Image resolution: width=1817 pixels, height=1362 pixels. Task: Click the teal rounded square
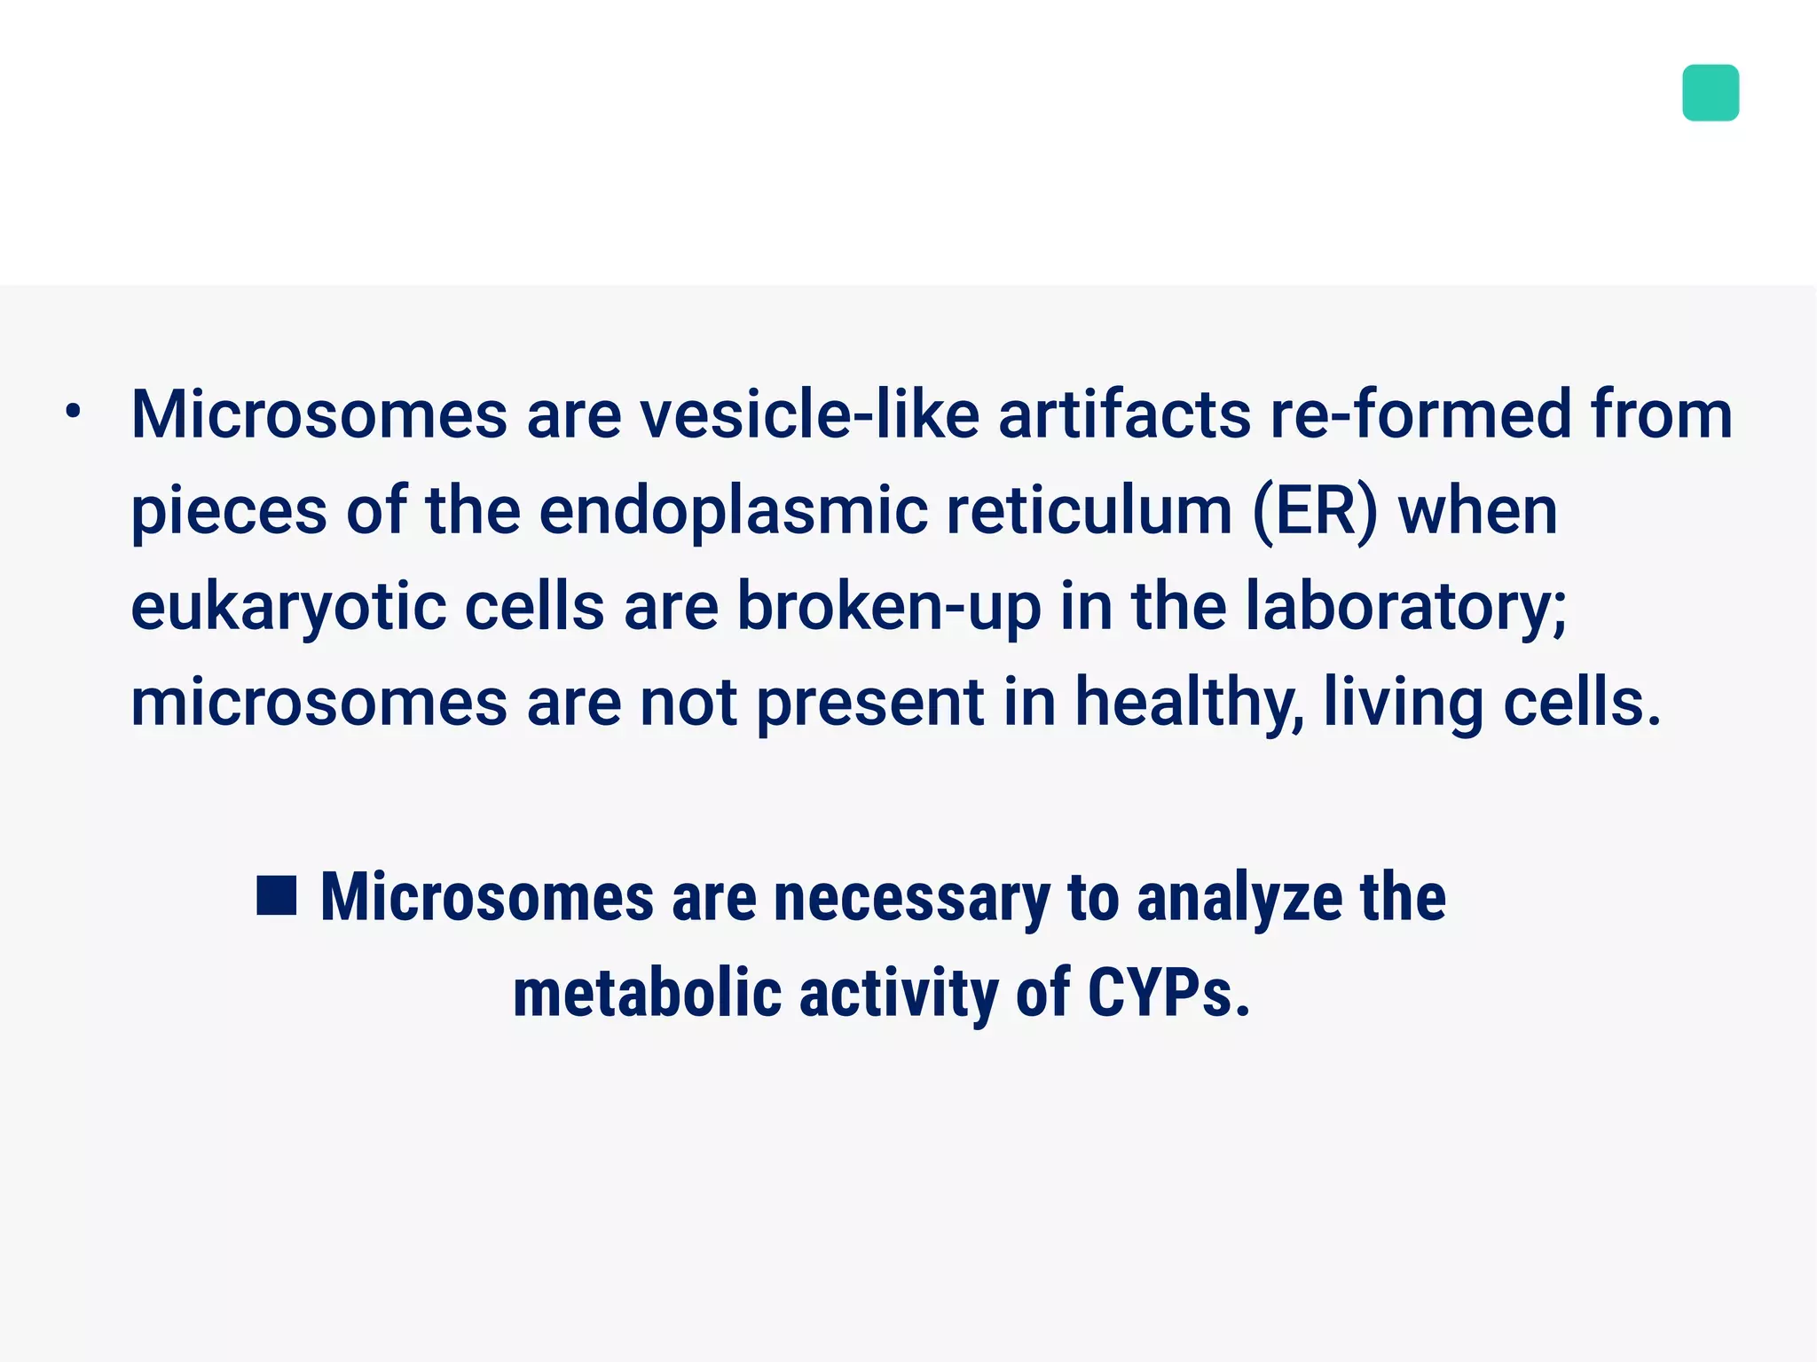pyautogui.click(x=1710, y=92)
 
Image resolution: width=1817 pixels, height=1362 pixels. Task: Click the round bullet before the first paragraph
pyautogui.click(x=74, y=412)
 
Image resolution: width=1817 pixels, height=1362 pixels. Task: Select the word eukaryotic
pyautogui.click(x=288, y=608)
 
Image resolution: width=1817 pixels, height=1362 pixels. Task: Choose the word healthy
pyautogui.click(x=1189, y=704)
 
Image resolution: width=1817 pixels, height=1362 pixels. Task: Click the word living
pyautogui.click(x=1403, y=704)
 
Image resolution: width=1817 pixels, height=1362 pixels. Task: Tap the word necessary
pyautogui.click(x=911, y=898)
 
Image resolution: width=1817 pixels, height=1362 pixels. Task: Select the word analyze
pyautogui.click(x=1239, y=898)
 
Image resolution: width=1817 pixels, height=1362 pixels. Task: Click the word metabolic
pyautogui.click(x=647, y=994)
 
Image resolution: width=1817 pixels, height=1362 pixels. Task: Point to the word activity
pyautogui.click(x=899, y=994)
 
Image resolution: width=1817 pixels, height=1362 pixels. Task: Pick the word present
pyautogui.click(x=869, y=704)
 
